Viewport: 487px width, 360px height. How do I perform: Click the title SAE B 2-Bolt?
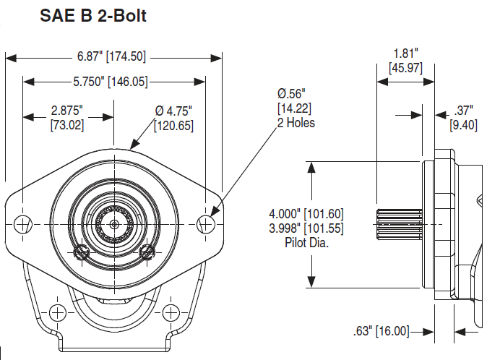coord(93,15)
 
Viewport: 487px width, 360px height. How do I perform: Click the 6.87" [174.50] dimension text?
coord(111,56)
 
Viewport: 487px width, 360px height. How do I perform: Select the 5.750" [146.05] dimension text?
coord(111,82)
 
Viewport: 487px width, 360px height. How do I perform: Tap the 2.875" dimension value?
coord(67,111)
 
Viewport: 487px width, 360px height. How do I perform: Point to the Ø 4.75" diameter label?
coord(173,111)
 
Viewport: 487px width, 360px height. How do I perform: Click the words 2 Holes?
coord(296,123)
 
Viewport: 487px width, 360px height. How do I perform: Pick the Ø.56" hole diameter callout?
coord(291,93)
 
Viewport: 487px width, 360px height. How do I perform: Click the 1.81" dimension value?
coord(405,53)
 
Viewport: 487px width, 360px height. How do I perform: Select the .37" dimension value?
coord(463,111)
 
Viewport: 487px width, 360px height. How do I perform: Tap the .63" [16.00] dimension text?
coord(382,331)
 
